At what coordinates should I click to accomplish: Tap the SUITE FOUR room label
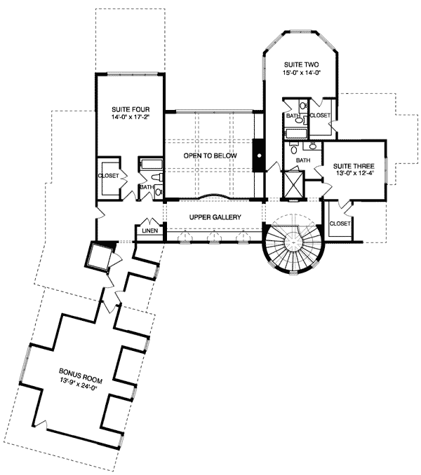[127, 110]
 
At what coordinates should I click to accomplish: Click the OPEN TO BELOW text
[210, 156]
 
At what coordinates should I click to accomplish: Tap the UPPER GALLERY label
[215, 218]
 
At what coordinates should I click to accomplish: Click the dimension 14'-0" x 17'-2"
[127, 119]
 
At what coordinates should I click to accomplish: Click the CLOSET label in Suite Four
[109, 177]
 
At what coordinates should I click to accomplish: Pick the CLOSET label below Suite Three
[340, 223]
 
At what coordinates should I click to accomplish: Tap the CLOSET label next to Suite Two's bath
[319, 115]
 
